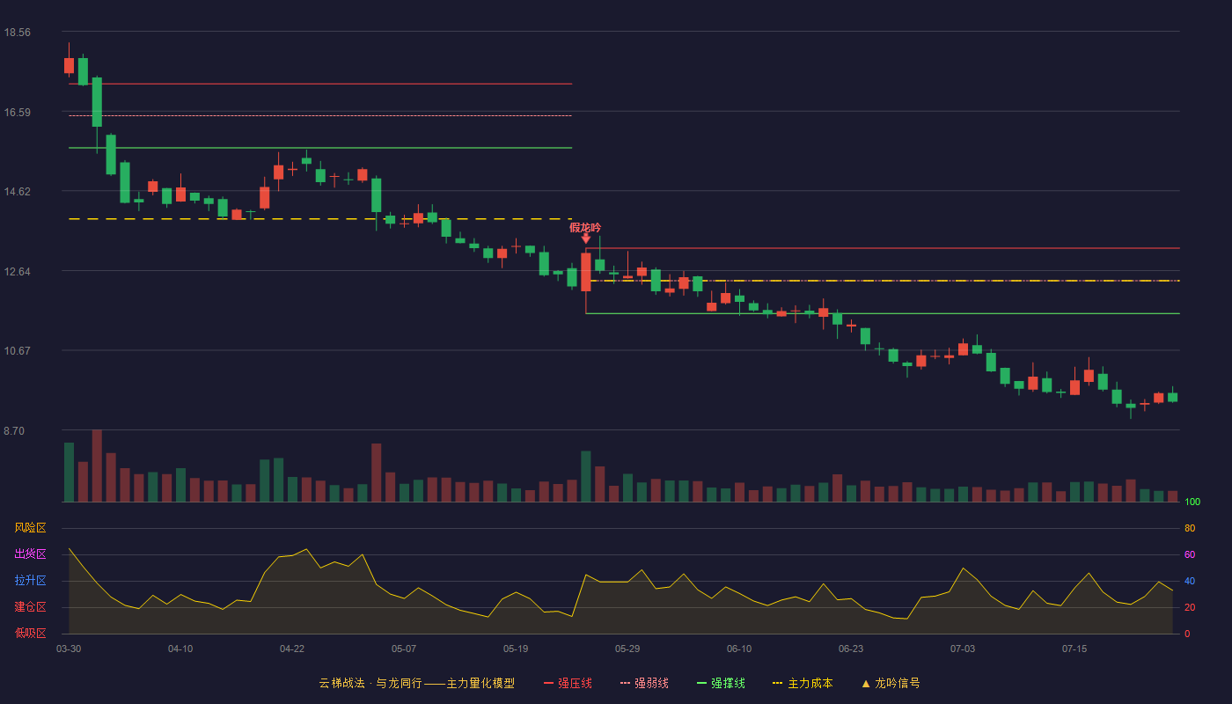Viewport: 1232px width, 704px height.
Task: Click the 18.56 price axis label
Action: (x=17, y=33)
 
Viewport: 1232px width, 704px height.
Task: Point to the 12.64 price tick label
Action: (x=17, y=272)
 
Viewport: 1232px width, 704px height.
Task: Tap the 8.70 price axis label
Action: (x=14, y=431)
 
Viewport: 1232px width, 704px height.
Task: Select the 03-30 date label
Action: (x=69, y=649)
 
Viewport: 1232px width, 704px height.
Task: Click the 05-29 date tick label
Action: (x=627, y=649)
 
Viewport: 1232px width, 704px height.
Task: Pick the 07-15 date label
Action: (x=1074, y=649)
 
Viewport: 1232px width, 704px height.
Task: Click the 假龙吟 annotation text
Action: (x=585, y=228)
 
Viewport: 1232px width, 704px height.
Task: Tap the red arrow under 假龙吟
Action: (x=586, y=238)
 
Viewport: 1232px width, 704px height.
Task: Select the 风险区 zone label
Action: (x=30, y=528)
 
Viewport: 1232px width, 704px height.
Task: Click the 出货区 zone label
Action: (x=30, y=554)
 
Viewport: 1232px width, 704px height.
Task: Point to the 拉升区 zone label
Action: (x=30, y=580)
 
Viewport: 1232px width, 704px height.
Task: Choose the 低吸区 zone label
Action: (x=30, y=633)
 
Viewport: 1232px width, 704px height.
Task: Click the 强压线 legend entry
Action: (x=568, y=683)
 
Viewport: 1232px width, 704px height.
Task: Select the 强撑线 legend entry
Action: (x=721, y=683)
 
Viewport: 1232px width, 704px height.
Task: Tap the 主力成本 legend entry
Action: (x=803, y=683)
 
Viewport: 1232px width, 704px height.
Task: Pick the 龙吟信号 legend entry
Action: (x=891, y=683)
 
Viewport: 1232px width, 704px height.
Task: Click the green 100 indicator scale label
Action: (x=1192, y=502)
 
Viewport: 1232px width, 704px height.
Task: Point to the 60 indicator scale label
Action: (x=1190, y=554)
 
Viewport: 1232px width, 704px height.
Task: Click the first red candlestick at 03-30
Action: (x=69, y=65)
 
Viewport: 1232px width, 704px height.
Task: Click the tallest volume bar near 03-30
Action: (x=97, y=466)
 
